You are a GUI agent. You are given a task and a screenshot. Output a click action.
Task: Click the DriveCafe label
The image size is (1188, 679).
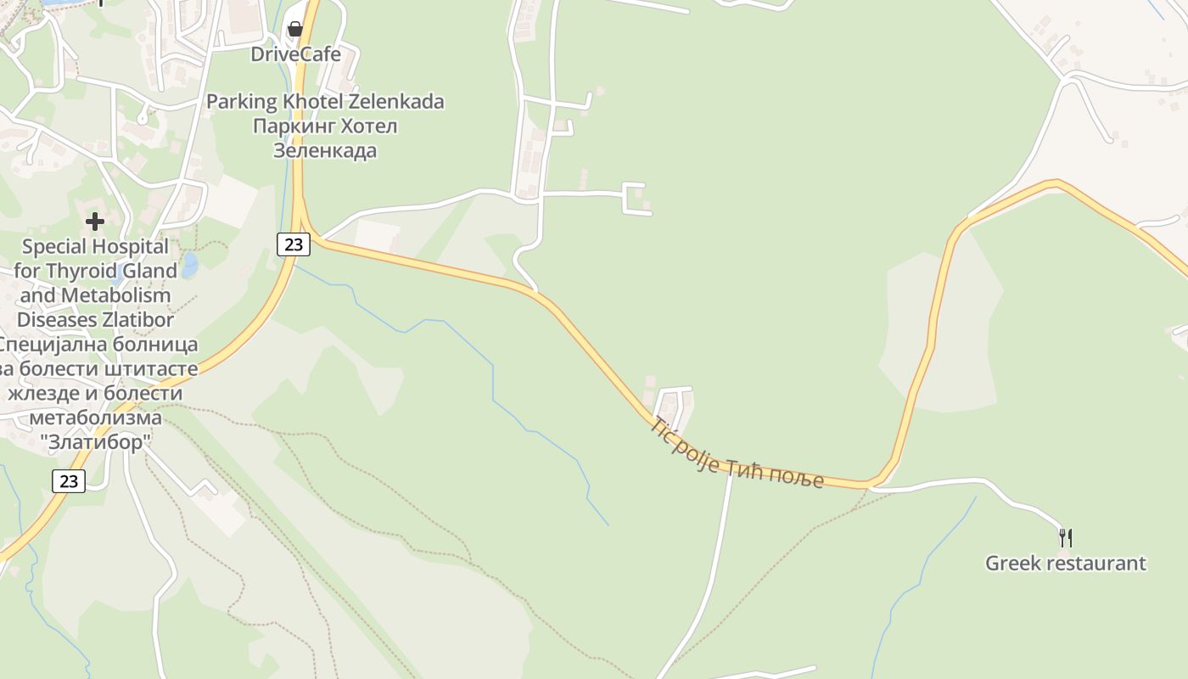coord(295,54)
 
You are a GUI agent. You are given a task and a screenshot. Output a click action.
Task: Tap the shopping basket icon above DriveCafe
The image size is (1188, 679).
coord(294,29)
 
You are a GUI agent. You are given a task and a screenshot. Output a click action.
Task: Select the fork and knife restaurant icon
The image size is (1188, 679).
coord(1066,537)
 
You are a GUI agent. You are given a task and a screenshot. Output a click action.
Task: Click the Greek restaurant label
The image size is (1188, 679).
coord(1065,563)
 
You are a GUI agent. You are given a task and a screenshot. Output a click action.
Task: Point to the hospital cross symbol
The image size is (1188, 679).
coord(95,222)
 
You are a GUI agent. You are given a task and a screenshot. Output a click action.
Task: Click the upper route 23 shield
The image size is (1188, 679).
coord(293,244)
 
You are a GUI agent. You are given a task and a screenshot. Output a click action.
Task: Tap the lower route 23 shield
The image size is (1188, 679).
coord(69,481)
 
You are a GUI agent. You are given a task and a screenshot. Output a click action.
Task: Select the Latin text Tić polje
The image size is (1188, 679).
coord(684,444)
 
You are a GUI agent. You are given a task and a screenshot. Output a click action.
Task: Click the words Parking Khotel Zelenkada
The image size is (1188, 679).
coord(325,102)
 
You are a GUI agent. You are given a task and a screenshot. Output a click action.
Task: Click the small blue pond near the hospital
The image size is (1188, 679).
coord(189,266)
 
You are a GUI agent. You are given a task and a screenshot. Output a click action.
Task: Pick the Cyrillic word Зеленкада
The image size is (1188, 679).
coord(325,151)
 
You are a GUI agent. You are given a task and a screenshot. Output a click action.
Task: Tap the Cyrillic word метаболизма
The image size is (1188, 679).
coord(95,418)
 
